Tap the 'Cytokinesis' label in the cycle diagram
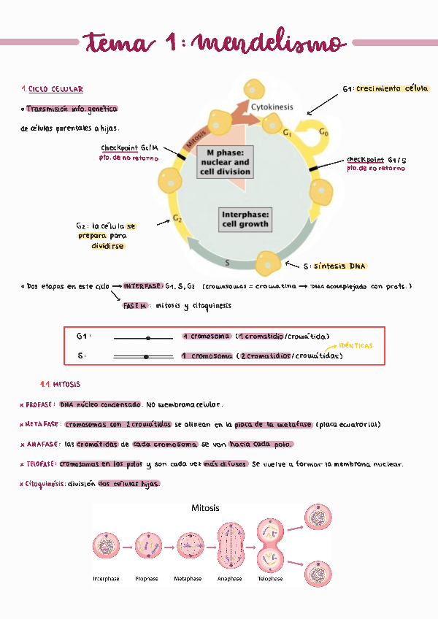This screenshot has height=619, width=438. click(x=272, y=107)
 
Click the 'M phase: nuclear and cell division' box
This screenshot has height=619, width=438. click(x=225, y=162)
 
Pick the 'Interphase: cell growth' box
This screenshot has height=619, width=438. click(x=245, y=220)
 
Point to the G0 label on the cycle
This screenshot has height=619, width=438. click(x=325, y=134)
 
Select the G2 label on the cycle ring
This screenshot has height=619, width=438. click(x=177, y=218)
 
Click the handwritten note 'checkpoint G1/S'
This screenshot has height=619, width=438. click(x=377, y=159)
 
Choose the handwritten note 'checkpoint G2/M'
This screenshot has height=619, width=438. click(x=129, y=147)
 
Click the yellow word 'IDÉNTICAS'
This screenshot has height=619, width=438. click(x=356, y=345)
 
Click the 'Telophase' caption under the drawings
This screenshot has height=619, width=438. click(x=269, y=579)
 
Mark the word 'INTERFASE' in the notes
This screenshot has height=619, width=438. click(x=143, y=286)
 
